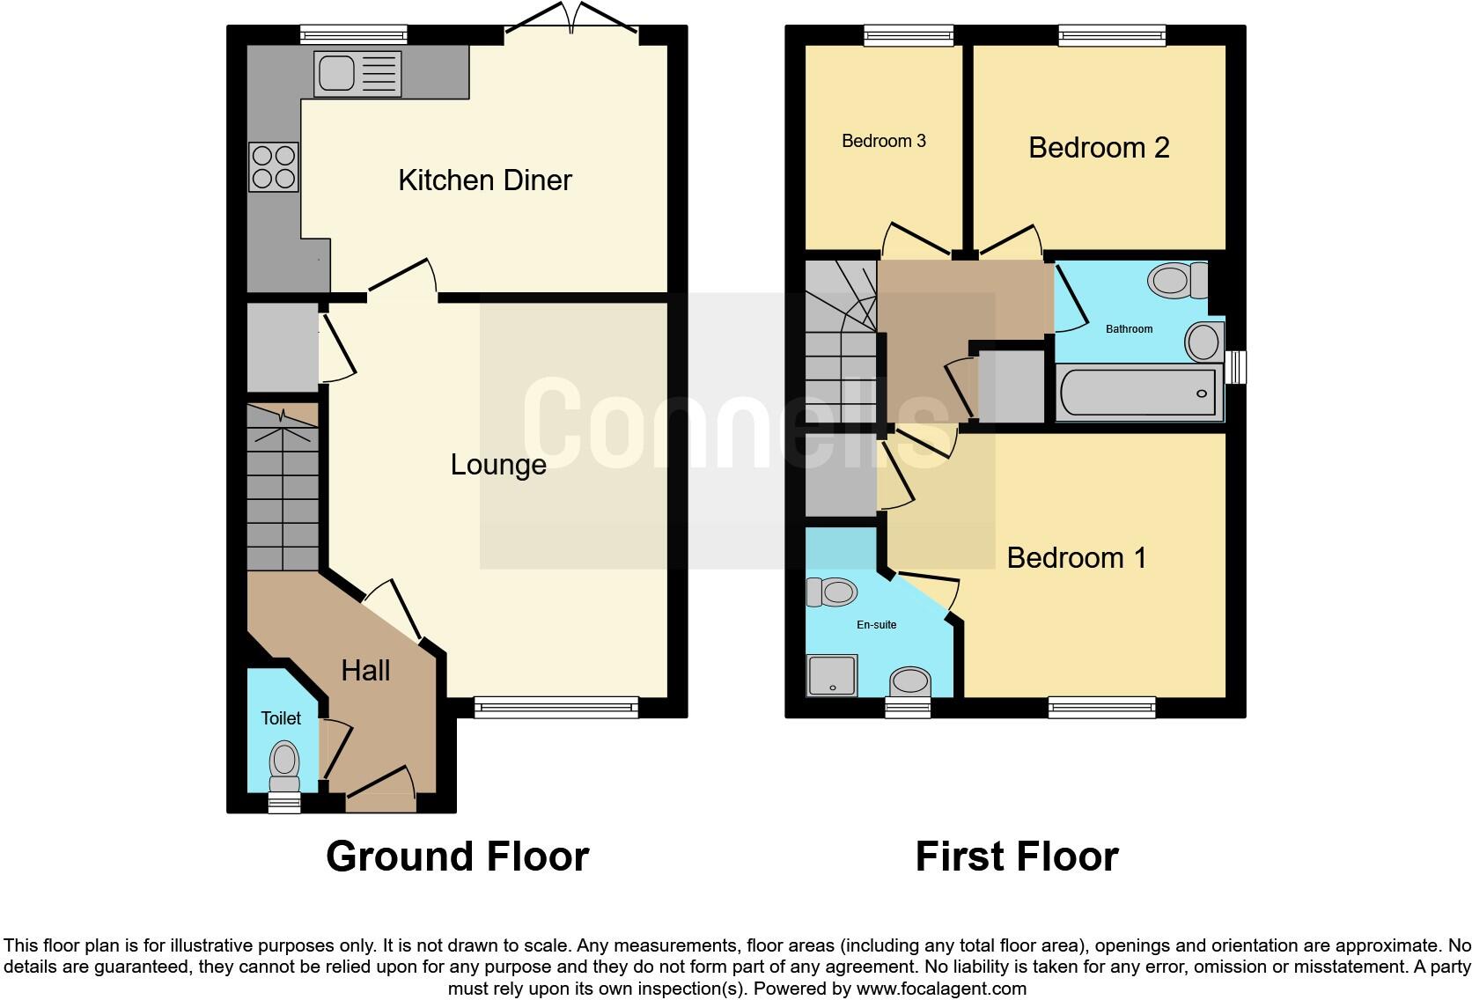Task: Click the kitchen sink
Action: click(357, 73)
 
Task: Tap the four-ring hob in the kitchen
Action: click(274, 167)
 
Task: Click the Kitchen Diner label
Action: click(485, 180)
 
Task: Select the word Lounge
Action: click(498, 465)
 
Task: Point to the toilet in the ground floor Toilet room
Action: click(284, 764)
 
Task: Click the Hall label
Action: click(365, 671)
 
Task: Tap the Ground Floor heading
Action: click(457, 857)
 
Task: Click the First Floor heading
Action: click(1017, 857)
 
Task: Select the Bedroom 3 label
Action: click(884, 141)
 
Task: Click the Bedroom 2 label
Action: click(1099, 148)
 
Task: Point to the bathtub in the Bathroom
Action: click(1138, 393)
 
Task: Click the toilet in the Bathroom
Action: click(1178, 281)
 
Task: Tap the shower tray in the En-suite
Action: click(831, 675)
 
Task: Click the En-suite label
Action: click(877, 625)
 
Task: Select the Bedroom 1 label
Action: click(1077, 558)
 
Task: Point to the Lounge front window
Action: click(556, 706)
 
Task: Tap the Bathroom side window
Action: click(1237, 367)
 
